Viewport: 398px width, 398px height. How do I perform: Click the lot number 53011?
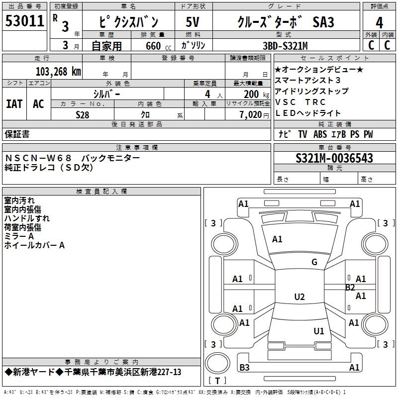(x=24, y=21)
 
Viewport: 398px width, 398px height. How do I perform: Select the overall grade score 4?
(x=379, y=23)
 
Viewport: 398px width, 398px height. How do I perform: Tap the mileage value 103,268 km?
(x=58, y=72)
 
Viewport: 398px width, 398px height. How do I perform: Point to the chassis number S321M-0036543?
(x=334, y=158)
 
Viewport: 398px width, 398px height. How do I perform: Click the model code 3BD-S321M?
(x=285, y=46)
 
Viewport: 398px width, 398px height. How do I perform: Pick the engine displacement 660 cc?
(x=158, y=46)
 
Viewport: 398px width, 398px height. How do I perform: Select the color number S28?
(x=82, y=115)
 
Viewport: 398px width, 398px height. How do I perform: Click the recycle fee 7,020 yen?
(x=254, y=115)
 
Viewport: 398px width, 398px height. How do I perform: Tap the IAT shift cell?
(x=14, y=104)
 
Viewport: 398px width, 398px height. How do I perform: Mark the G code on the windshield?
(x=314, y=262)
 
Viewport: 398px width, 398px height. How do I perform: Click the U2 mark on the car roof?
(x=299, y=297)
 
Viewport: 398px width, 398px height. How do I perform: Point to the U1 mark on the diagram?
(x=319, y=331)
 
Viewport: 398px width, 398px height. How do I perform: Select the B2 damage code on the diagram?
(x=350, y=288)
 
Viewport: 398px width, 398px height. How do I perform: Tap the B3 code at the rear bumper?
(x=244, y=367)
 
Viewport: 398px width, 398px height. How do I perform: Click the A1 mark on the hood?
(x=277, y=239)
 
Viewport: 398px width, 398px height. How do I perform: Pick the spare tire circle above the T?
(x=217, y=363)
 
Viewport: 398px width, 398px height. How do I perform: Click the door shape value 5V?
(x=193, y=22)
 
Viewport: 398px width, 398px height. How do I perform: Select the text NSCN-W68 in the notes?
(x=38, y=158)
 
